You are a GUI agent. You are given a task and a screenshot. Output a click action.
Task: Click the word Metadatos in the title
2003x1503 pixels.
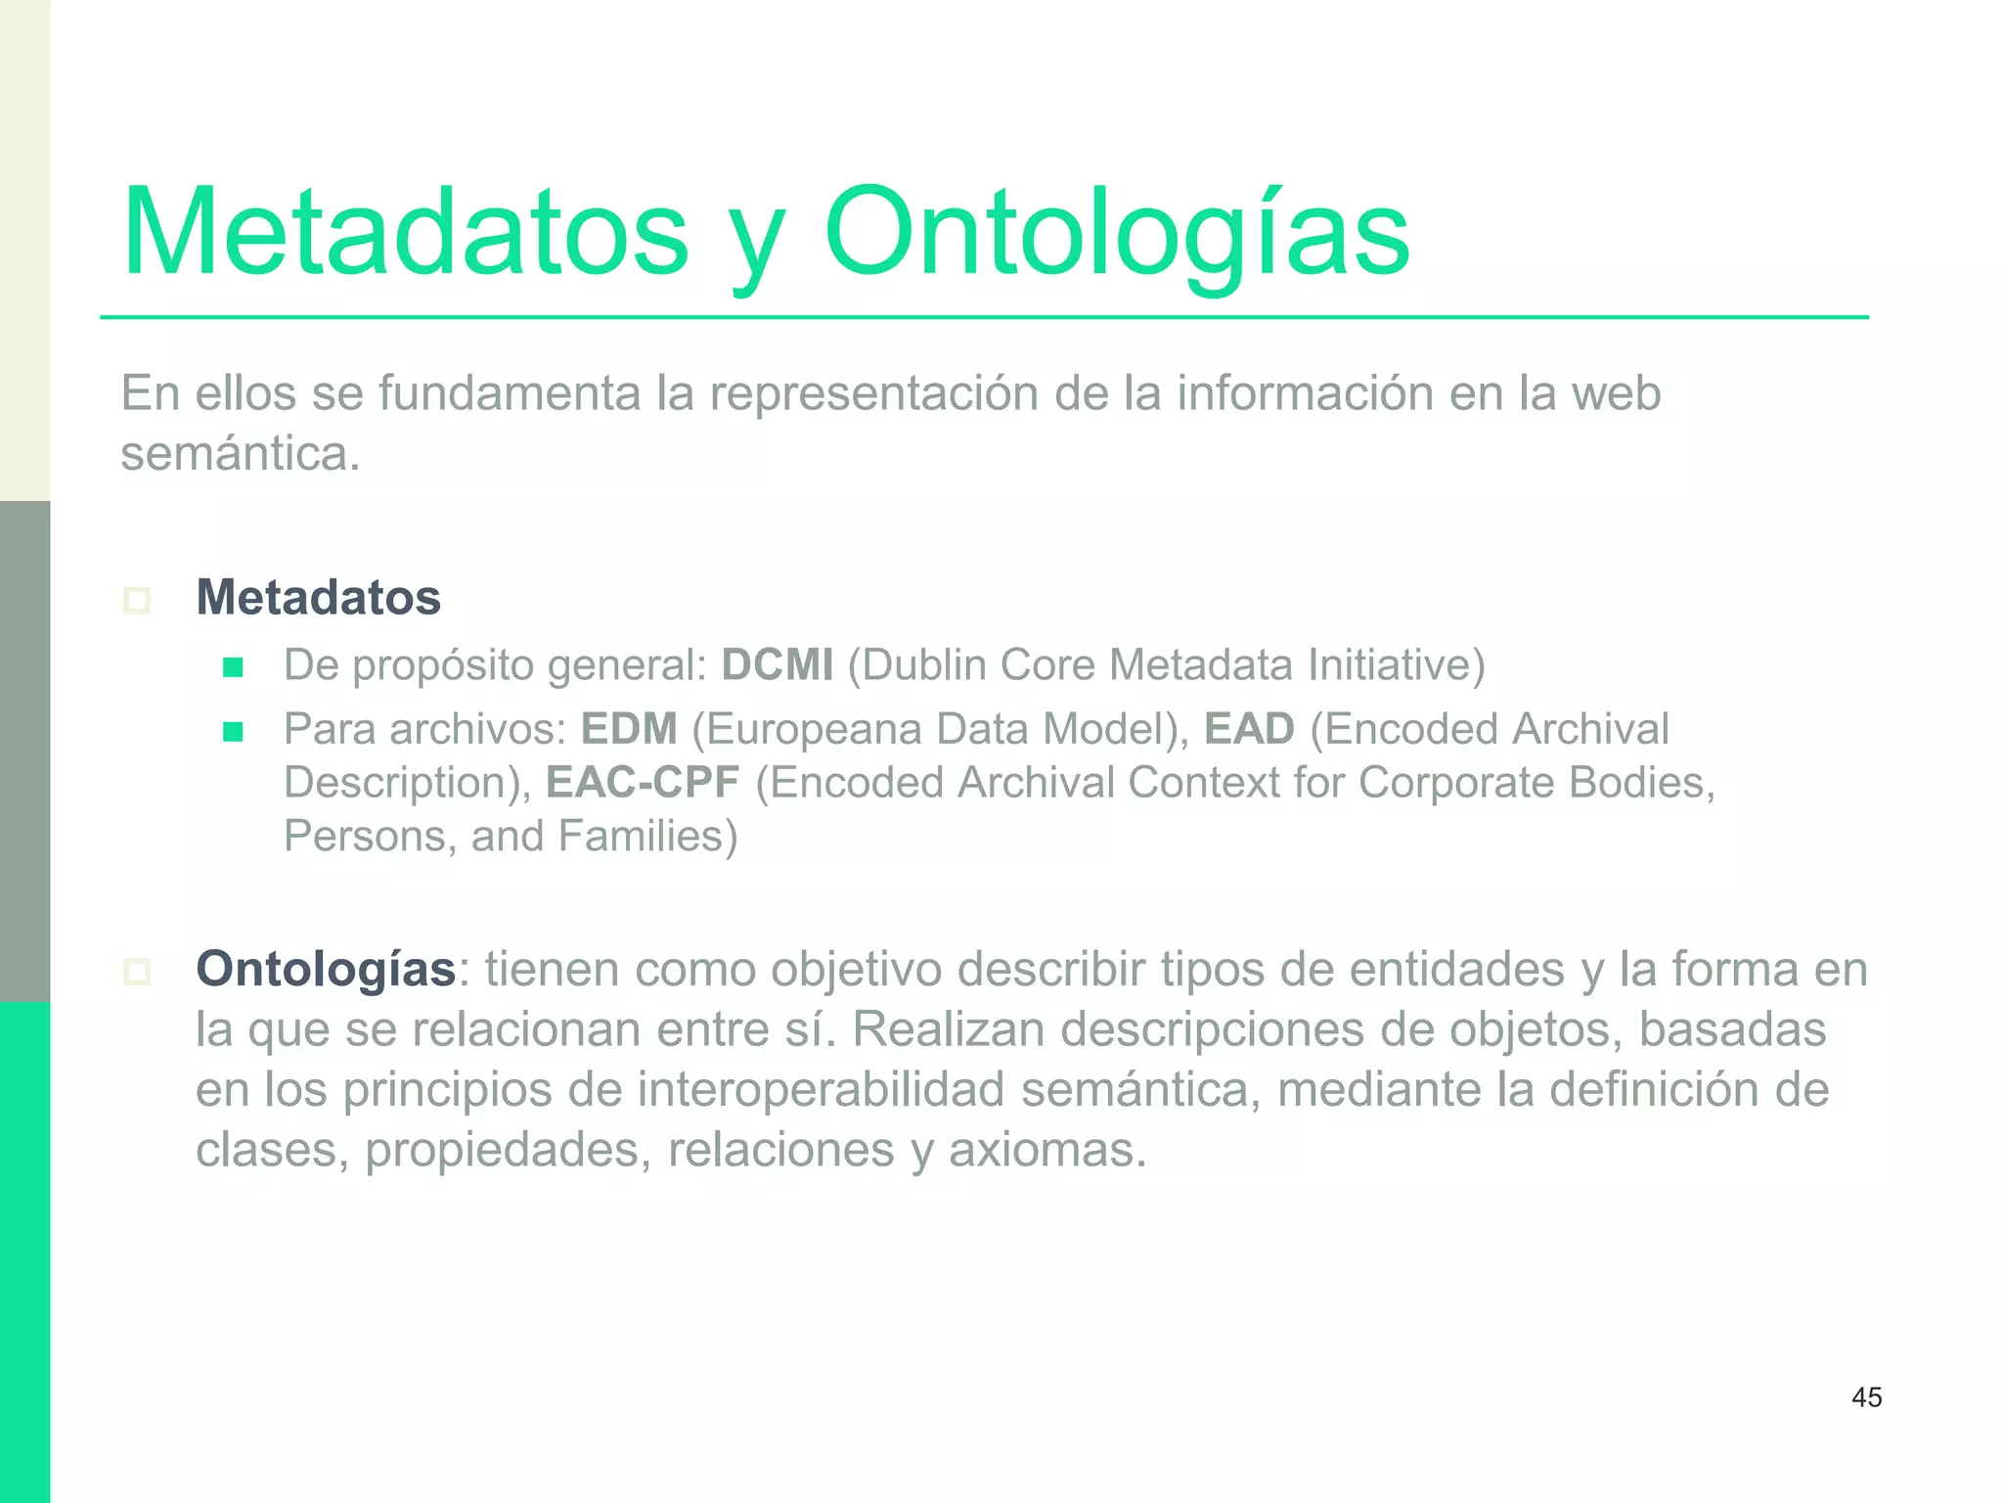(x=406, y=233)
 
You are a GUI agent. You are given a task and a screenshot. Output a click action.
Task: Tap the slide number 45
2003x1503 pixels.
(x=1866, y=1397)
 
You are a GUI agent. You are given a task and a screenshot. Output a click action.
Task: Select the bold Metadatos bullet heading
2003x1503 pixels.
(x=319, y=597)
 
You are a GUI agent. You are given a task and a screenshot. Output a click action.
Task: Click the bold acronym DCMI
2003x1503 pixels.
(x=778, y=665)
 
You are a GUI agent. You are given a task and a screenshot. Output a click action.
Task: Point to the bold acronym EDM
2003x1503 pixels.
(x=629, y=729)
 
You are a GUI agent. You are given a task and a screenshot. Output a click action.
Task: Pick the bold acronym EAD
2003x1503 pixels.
(x=1249, y=729)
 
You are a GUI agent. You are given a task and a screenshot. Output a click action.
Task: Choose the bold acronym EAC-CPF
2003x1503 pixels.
(x=643, y=783)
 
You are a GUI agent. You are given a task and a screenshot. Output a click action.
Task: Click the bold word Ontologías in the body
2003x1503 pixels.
(x=326, y=970)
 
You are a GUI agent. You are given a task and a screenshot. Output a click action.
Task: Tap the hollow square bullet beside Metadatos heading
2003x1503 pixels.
(x=137, y=600)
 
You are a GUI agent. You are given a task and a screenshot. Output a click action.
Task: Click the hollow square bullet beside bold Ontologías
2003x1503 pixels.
(x=137, y=972)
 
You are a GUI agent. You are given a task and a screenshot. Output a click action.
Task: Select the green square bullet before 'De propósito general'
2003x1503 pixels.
(x=233, y=668)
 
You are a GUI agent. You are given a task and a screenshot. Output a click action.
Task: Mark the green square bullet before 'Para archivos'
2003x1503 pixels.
(x=233, y=732)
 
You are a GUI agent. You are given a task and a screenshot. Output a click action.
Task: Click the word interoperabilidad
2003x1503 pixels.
(x=822, y=1090)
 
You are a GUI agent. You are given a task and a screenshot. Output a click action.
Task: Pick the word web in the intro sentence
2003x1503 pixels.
(x=1616, y=393)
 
